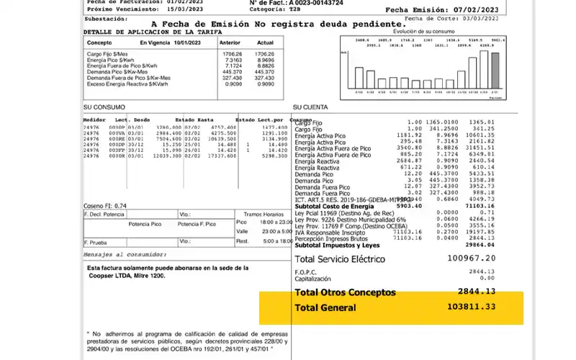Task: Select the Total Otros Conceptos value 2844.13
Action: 476,292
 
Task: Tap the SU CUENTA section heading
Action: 310,107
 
